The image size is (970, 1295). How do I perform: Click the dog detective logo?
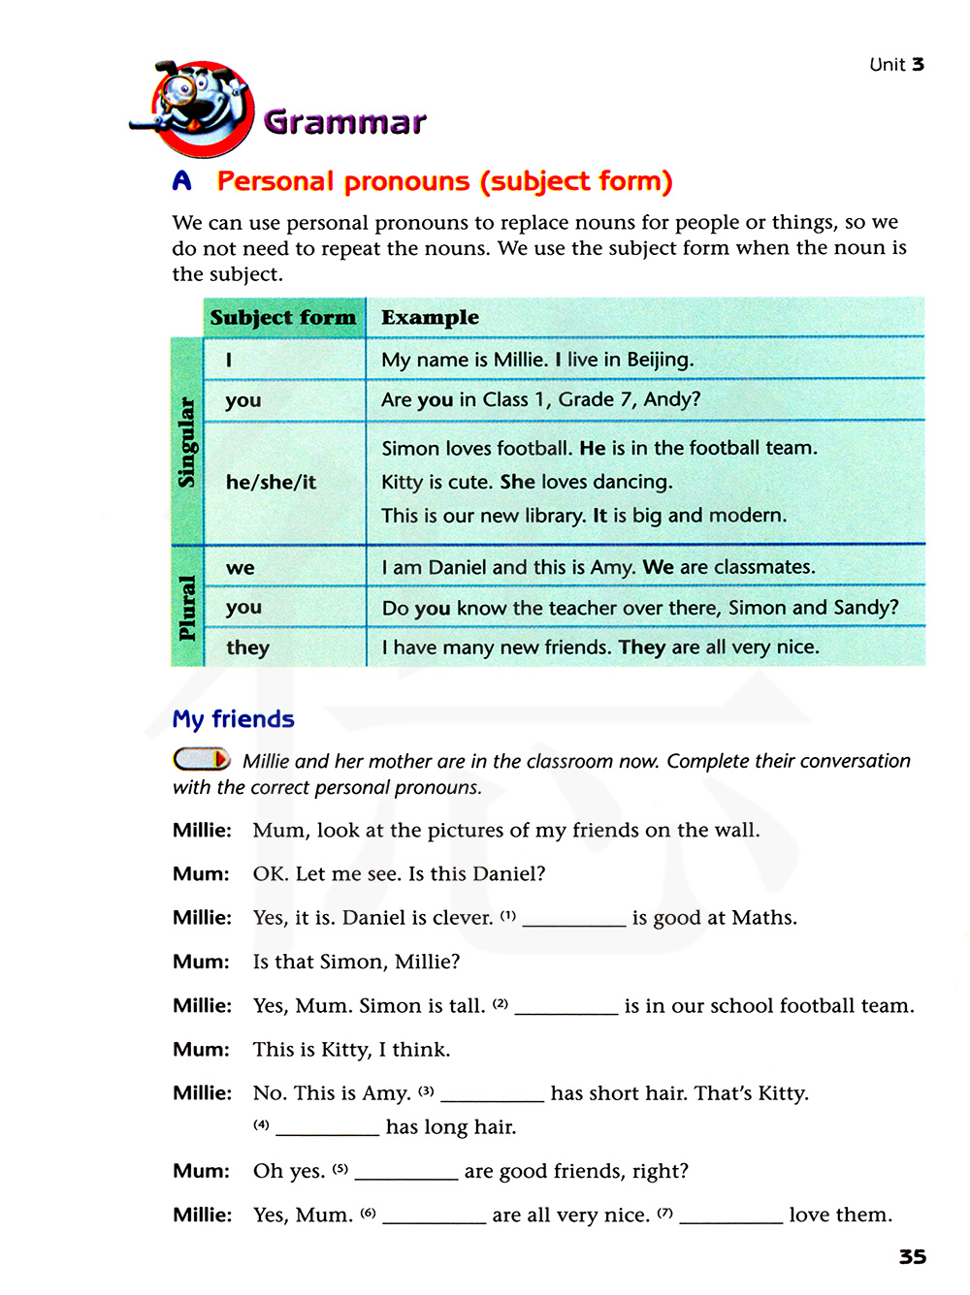tap(199, 109)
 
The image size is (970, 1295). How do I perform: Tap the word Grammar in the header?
tap(344, 122)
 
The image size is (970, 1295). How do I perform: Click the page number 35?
tap(912, 1257)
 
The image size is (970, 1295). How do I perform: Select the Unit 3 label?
tap(896, 65)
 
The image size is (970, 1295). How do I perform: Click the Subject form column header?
tap(283, 318)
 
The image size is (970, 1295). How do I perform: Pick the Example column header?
tap(430, 318)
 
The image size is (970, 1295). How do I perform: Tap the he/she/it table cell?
tap(271, 482)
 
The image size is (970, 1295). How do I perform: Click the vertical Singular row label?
tap(187, 442)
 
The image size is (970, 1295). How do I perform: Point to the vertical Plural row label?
tap(187, 607)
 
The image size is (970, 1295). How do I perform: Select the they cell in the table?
tap(247, 647)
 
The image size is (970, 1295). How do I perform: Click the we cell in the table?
tap(241, 568)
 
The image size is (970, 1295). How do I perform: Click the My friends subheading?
tap(233, 719)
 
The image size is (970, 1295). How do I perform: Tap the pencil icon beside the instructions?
tap(202, 759)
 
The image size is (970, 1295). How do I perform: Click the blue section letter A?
tap(181, 181)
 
